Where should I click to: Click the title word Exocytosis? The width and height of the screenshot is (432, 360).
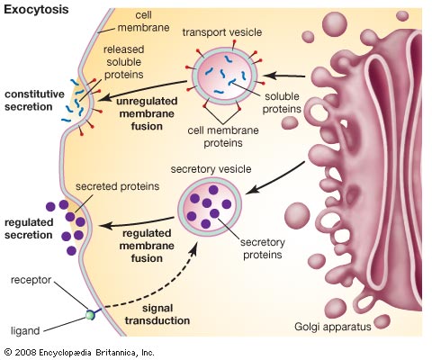tap(36, 9)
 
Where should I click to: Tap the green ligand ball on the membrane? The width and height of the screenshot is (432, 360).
tap(90, 315)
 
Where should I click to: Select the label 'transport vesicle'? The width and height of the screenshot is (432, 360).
tap(222, 32)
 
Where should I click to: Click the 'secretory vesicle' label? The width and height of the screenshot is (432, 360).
tap(211, 169)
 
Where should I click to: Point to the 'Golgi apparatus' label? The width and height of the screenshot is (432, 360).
tap(333, 327)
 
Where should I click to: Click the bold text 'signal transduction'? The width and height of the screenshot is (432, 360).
tap(157, 314)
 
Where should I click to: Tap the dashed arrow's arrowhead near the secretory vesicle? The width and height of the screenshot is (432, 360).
tap(194, 249)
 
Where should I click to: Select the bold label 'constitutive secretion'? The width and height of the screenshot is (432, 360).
tap(34, 101)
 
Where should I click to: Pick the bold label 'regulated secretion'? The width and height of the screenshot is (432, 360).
tap(29, 229)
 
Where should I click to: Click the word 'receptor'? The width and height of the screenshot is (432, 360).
tap(31, 280)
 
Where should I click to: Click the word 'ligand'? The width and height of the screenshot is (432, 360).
tap(25, 331)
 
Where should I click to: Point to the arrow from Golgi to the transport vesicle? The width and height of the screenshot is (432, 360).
tap(284, 76)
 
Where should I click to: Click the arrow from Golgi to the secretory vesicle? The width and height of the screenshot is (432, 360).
tap(275, 177)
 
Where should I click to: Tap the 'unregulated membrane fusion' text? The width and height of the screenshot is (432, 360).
tap(147, 113)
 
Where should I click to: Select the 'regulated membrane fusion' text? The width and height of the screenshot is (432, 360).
tap(147, 246)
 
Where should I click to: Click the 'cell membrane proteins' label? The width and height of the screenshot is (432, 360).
tap(223, 137)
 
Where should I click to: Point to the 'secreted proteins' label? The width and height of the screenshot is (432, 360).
tap(117, 186)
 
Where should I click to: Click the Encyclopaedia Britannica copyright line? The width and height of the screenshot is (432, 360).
tap(79, 352)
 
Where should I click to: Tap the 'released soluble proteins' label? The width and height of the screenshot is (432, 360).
tap(123, 62)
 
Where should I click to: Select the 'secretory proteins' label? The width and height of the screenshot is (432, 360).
tap(263, 248)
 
